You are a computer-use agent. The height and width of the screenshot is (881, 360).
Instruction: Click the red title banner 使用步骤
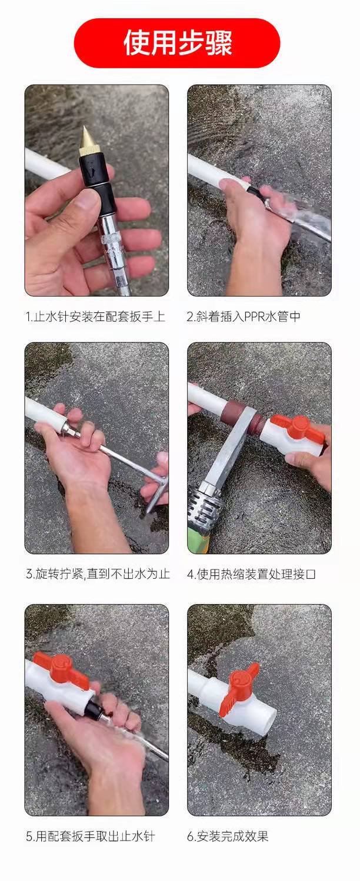point(177,43)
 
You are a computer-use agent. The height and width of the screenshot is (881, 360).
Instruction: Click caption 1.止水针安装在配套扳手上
point(95,317)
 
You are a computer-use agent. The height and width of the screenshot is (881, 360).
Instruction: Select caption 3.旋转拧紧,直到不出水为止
point(98,574)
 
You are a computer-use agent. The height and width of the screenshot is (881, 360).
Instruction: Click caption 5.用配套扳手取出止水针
point(90,836)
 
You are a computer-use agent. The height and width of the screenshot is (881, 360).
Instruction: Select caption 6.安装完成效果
point(228,836)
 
